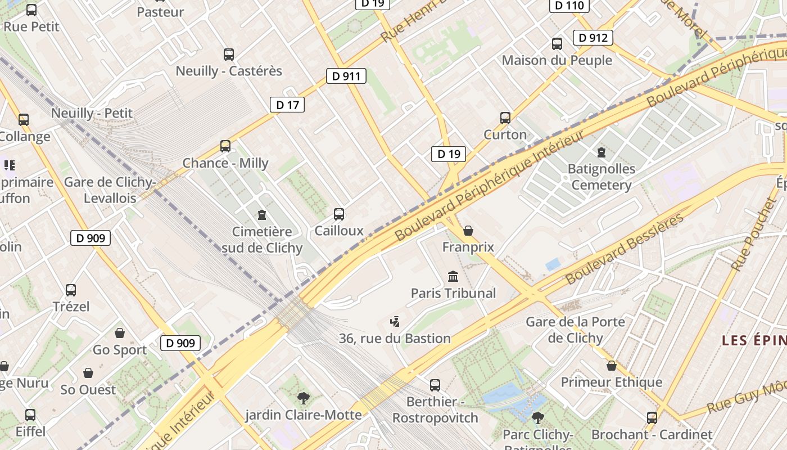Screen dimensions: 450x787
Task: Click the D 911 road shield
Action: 346,76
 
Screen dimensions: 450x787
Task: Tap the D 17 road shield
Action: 287,104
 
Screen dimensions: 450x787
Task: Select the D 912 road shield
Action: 592,38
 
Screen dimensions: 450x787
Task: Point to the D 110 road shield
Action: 569,6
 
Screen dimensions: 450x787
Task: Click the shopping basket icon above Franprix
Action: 468,231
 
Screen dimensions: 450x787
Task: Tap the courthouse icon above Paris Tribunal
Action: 453,276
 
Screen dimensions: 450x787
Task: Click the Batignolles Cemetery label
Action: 601,177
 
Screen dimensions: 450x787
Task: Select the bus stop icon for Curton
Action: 505,118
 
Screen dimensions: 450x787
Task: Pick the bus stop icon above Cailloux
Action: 339,214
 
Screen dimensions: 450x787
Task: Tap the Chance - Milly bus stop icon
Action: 225,146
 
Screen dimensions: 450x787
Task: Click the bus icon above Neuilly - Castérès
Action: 229,55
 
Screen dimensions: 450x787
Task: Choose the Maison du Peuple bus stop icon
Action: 557,44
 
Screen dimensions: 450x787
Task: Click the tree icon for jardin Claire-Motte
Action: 303,398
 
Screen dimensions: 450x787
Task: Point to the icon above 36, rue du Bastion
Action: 395,322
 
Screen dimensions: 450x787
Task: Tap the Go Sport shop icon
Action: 119,333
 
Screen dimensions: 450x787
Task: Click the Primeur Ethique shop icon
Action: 612,366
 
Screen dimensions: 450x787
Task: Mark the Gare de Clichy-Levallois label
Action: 110,190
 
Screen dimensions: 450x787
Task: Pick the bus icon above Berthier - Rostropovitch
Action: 435,385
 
